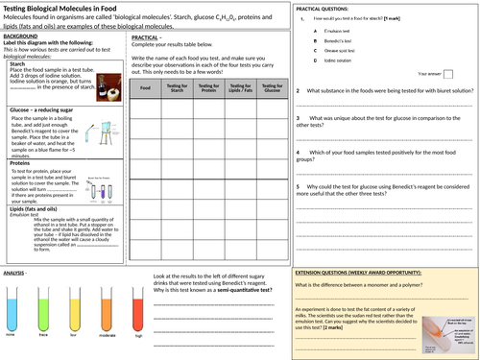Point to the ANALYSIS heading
15,274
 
